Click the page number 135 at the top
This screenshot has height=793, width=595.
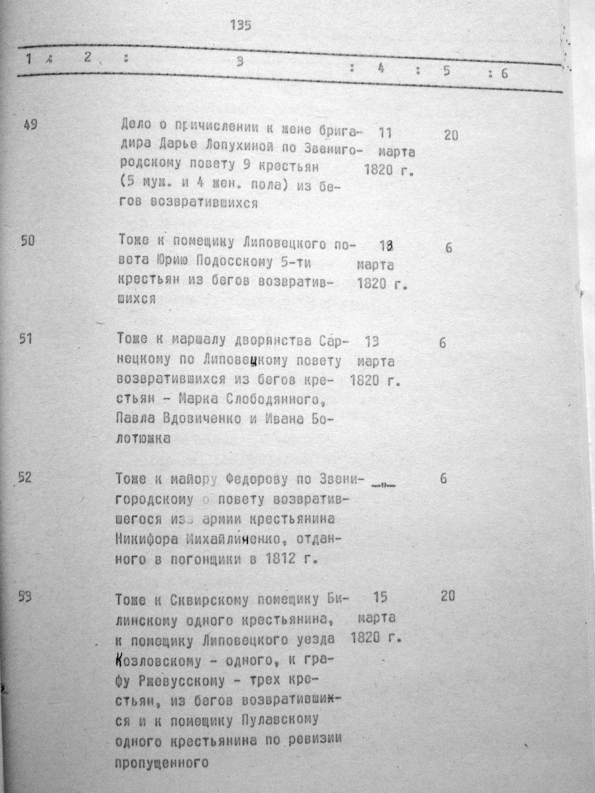(x=241, y=25)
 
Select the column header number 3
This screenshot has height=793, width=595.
(x=240, y=62)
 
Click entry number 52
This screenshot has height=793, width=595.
(x=25, y=478)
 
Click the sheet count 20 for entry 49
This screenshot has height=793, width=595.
(x=451, y=136)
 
